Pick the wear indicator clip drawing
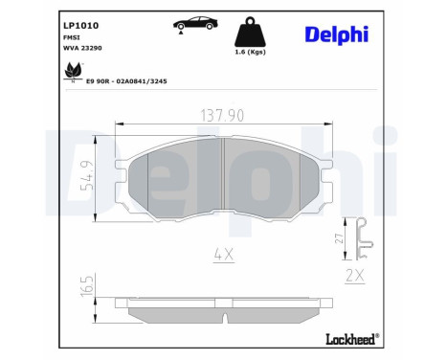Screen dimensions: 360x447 (361, 240)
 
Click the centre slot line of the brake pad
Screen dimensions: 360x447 (222, 178)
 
